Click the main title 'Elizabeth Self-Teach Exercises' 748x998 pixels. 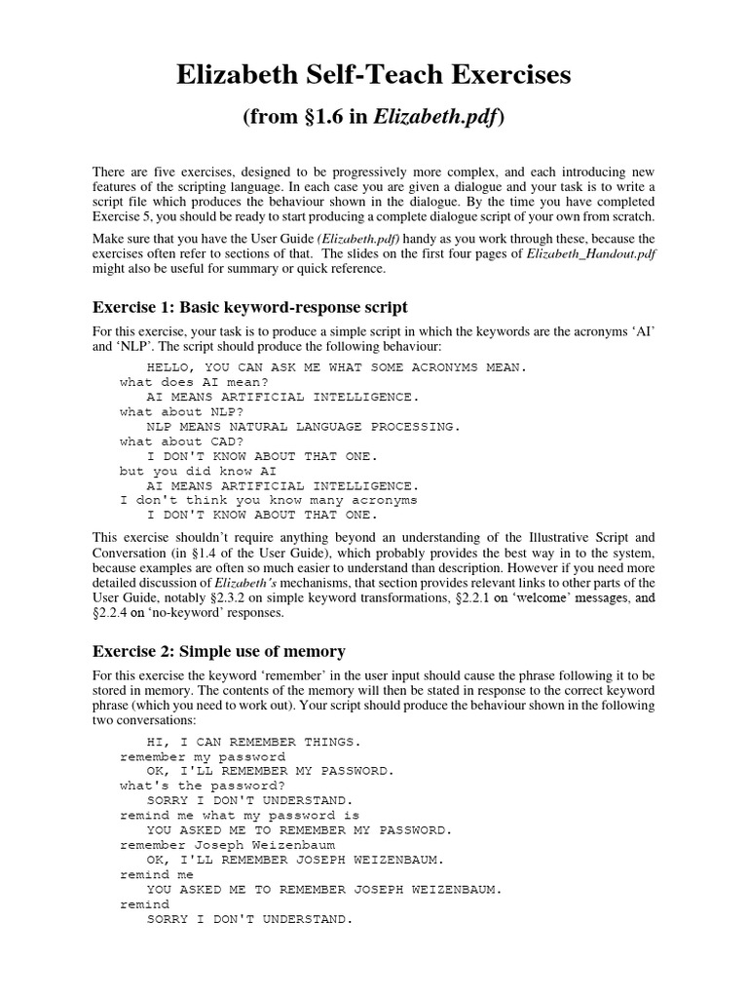coord(373,74)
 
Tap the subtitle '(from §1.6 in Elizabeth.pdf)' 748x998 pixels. coord(373,118)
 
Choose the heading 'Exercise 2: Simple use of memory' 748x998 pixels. coord(219,651)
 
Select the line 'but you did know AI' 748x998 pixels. coord(191,470)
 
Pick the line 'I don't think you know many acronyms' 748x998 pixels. coord(268,499)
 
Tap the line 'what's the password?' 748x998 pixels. coord(203,785)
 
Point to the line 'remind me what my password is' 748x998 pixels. coord(240,814)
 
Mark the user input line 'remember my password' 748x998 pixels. coord(203,755)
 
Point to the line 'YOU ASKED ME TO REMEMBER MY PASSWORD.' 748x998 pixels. coord(299,829)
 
